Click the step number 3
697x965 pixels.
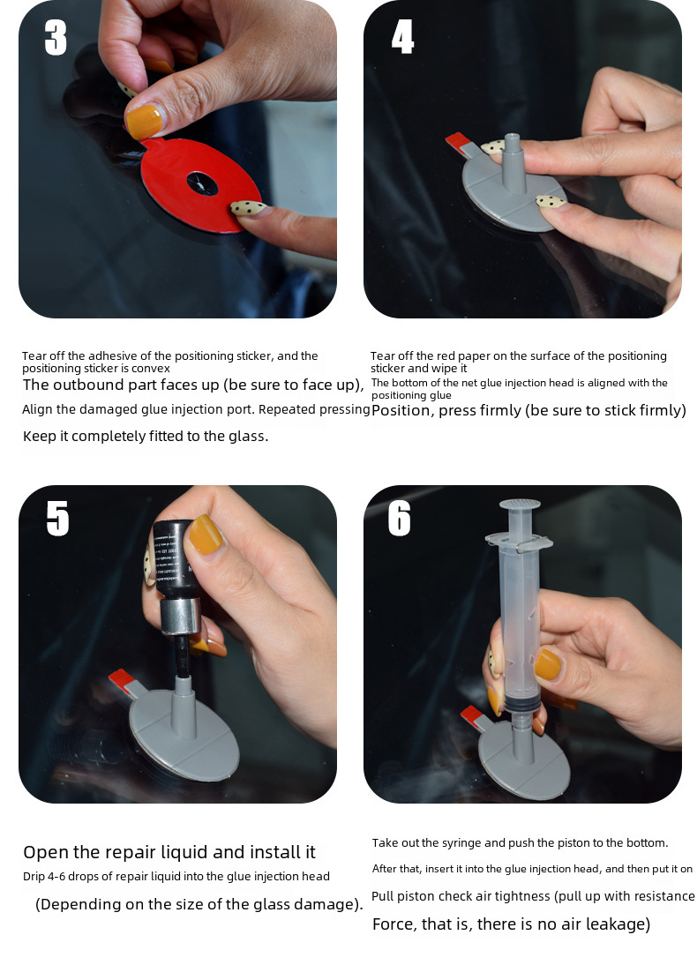coord(56,38)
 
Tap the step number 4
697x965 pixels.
coord(402,36)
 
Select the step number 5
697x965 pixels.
coord(57,518)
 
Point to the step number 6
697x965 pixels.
coord(400,518)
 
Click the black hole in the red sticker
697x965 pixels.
coord(202,183)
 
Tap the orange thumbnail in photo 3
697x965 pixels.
coord(144,121)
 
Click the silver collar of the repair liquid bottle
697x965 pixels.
coord(180,617)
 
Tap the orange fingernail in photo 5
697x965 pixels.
coord(205,534)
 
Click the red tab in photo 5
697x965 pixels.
coord(121,680)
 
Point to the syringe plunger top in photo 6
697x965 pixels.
coord(520,505)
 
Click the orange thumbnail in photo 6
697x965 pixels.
coord(547,665)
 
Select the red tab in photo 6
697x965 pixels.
coord(472,714)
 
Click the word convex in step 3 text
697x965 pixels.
coord(151,369)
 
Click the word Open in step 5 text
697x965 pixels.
coord(46,852)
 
